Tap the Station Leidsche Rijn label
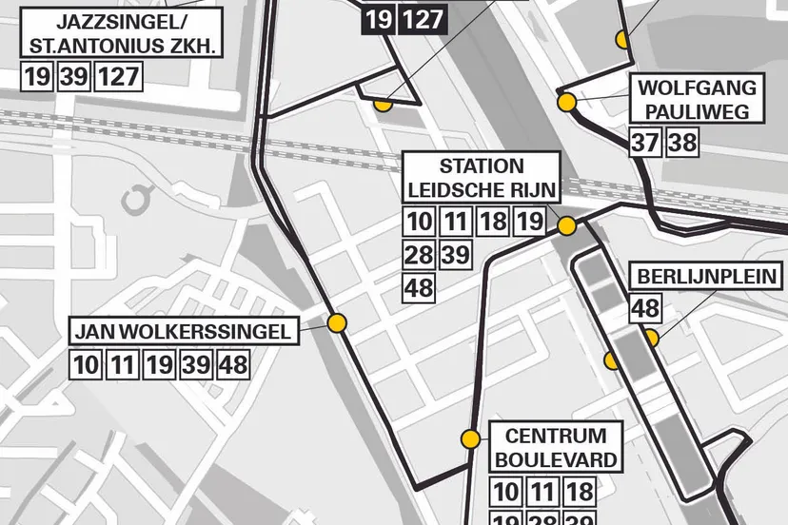point(481,178)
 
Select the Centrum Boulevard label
point(556,449)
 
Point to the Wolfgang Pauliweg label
point(699,100)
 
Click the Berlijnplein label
point(707,279)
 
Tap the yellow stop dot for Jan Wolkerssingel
point(336,323)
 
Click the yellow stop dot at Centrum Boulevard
point(470,439)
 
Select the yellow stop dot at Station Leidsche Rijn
point(566,225)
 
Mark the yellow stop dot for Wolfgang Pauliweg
point(566,102)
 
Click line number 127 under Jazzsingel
point(119,77)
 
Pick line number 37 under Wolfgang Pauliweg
point(645,144)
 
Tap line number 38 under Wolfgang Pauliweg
point(681,144)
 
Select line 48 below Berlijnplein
point(646,308)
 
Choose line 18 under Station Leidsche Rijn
point(492,223)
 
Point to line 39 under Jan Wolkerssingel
point(197,364)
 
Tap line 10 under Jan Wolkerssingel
point(86,364)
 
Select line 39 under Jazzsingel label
point(73,77)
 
